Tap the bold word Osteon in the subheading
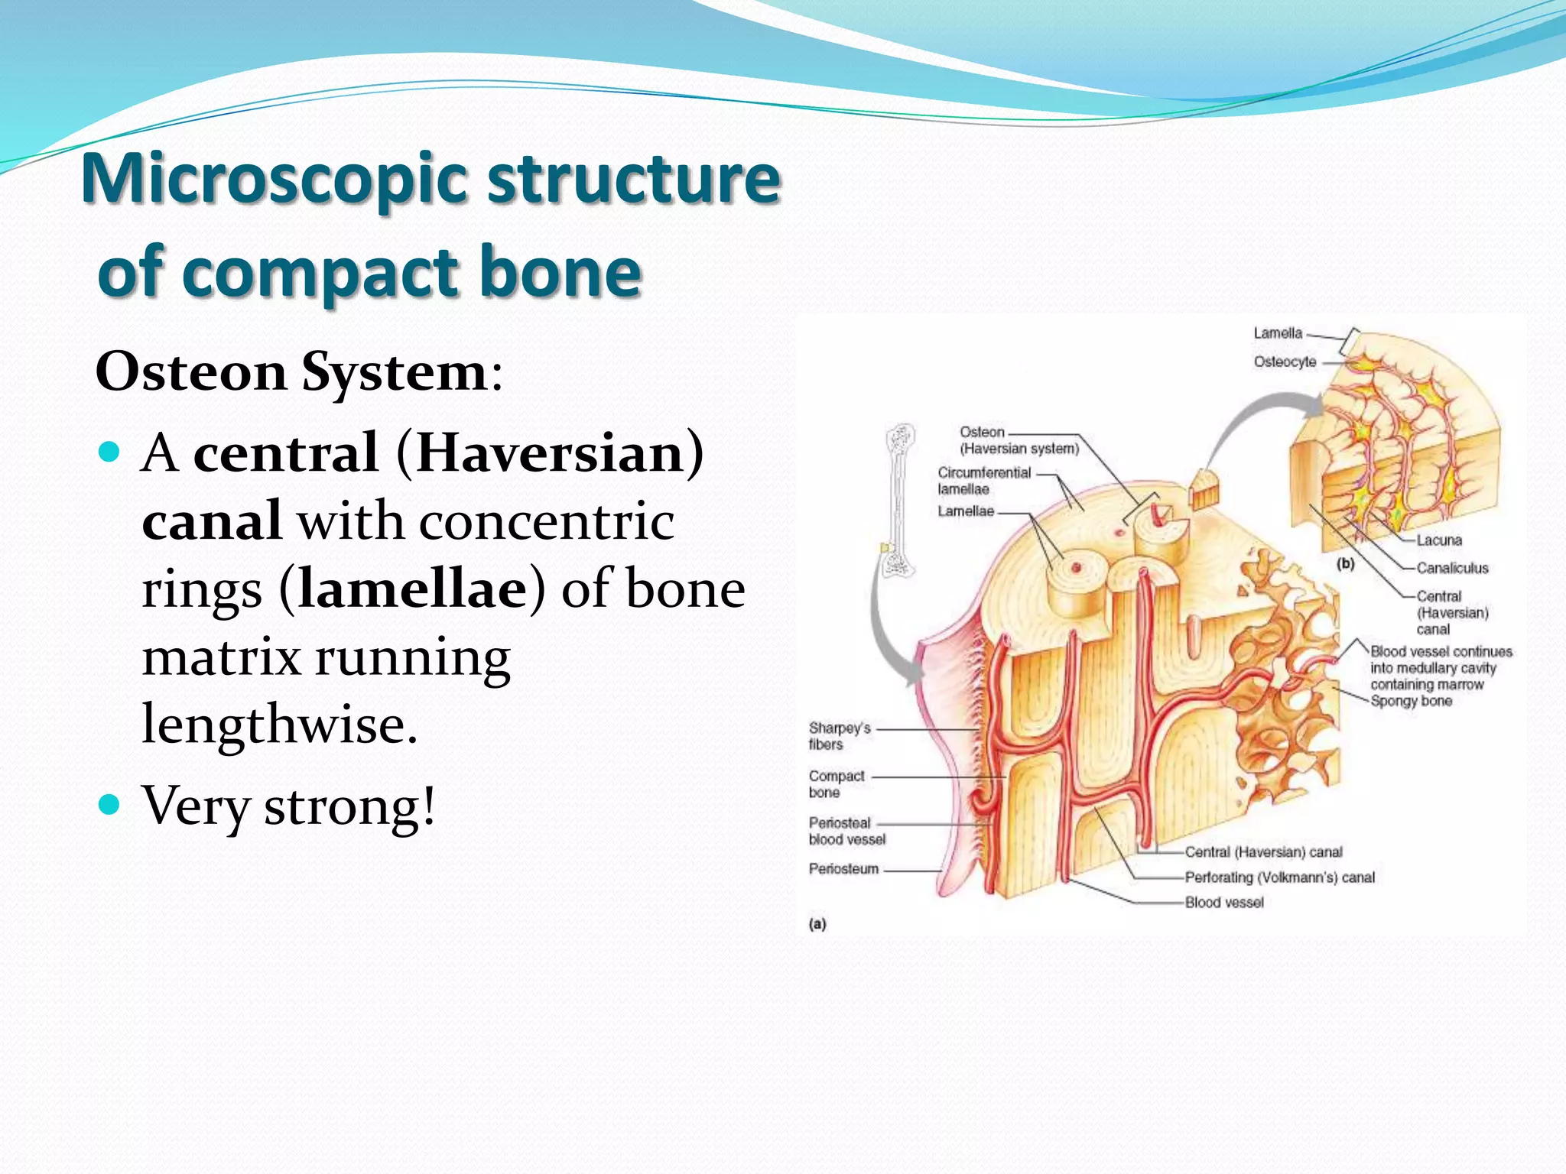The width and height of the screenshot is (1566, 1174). [x=191, y=372]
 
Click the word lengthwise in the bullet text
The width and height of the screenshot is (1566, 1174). [x=279, y=724]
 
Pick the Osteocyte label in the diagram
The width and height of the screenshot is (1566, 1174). [x=1285, y=362]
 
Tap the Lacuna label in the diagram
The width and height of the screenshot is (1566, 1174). [x=1438, y=540]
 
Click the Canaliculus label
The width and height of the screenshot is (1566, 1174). [x=1452, y=568]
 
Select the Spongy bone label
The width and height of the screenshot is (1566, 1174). [x=1411, y=701]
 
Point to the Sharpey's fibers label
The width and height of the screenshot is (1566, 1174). [x=839, y=736]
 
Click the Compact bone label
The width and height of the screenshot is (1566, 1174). [x=836, y=784]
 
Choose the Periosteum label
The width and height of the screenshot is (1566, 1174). [x=843, y=869]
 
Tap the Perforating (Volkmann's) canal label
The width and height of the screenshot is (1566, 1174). [x=1279, y=877]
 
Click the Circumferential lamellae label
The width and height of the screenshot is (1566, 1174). [x=984, y=481]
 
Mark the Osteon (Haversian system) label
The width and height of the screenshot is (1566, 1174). [x=1019, y=440]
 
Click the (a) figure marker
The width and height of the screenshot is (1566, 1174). [x=817, y=924]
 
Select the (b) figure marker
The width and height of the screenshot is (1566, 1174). [x=1345, y=564]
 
